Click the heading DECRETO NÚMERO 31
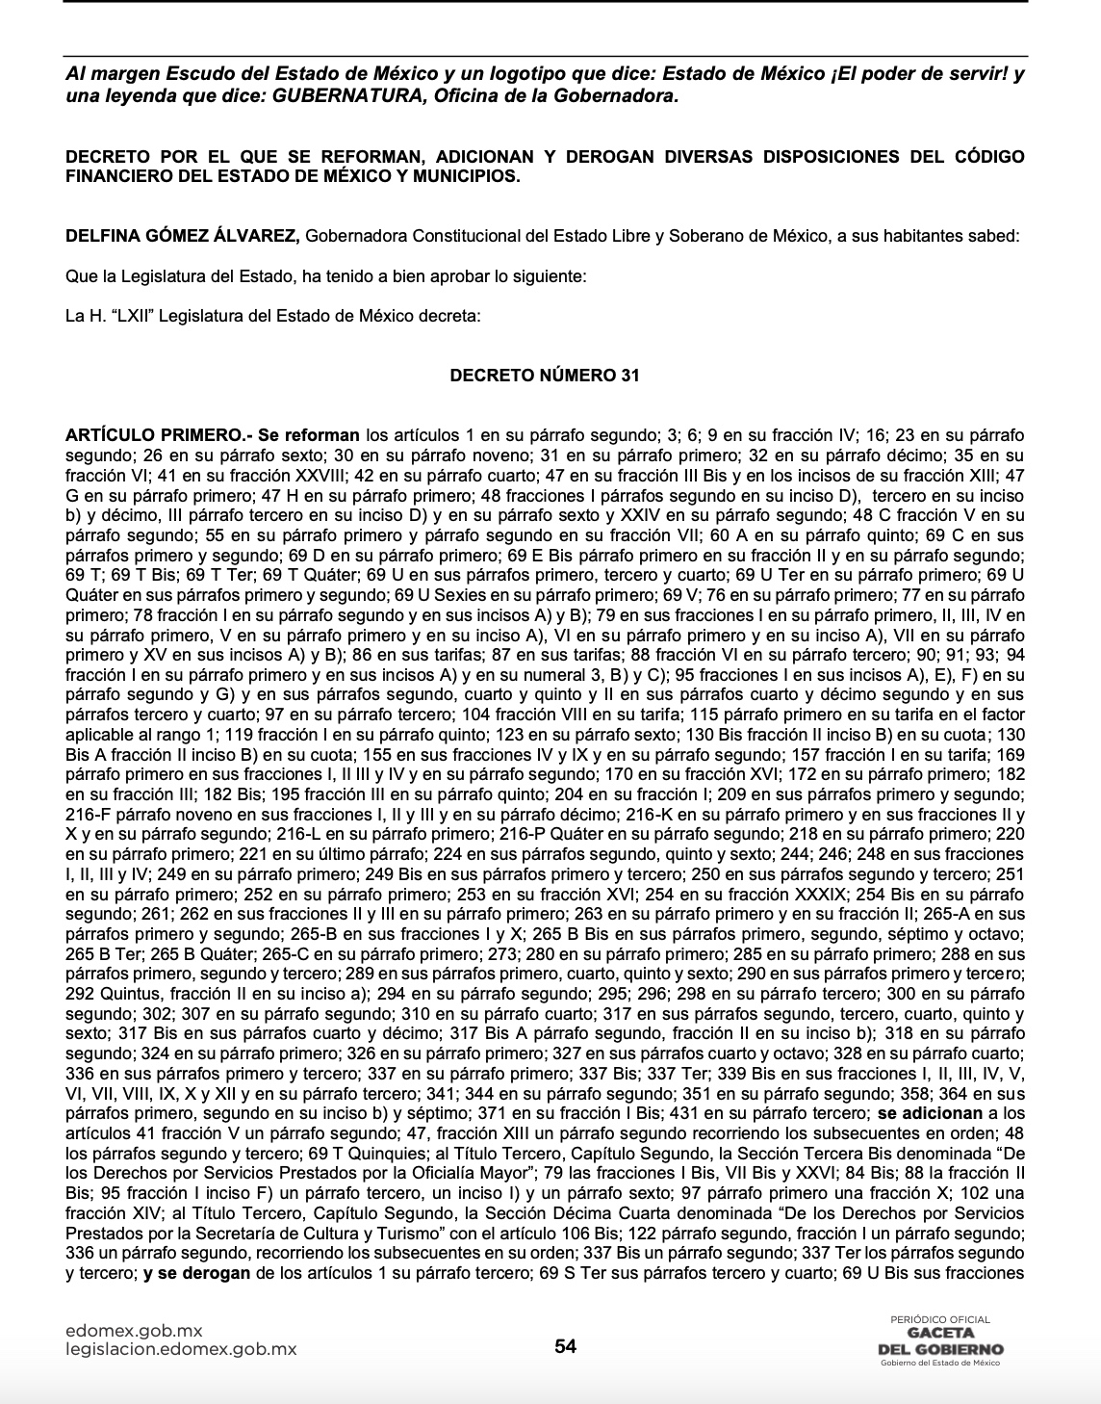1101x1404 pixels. [544, 376]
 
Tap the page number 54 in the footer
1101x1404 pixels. [565, 1346]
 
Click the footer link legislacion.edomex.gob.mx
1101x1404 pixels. [181, 1349]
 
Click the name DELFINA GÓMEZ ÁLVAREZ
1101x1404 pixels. [183, 237]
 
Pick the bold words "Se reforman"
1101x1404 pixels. [308, 435]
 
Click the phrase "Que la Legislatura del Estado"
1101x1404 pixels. [179, 276]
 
